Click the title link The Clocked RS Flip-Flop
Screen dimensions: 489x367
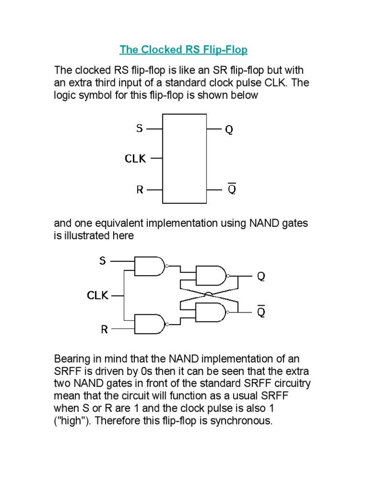coord(183,50)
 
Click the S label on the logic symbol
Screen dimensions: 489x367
coord(139,128)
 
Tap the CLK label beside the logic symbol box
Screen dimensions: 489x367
coord(135,159)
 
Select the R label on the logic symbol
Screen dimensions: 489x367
coord(140,190)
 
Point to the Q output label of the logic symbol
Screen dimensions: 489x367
coord(229,129)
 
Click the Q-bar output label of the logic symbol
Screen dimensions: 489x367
coord(231,189)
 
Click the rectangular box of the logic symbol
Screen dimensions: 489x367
coord(184,159)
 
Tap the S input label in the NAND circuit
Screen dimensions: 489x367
coord(103,261)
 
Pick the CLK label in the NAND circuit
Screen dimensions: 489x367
coord(97,296)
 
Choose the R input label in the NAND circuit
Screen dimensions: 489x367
coord(104,329)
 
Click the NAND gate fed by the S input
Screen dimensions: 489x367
coord(150,266)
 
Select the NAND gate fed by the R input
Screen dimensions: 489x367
coord(150,324)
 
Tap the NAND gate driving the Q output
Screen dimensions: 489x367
coord(211,276)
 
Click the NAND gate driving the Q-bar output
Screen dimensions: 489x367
coord(211,312)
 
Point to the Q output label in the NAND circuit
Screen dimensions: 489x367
coord(261,276)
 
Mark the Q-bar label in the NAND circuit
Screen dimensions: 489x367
coord(261,312)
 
